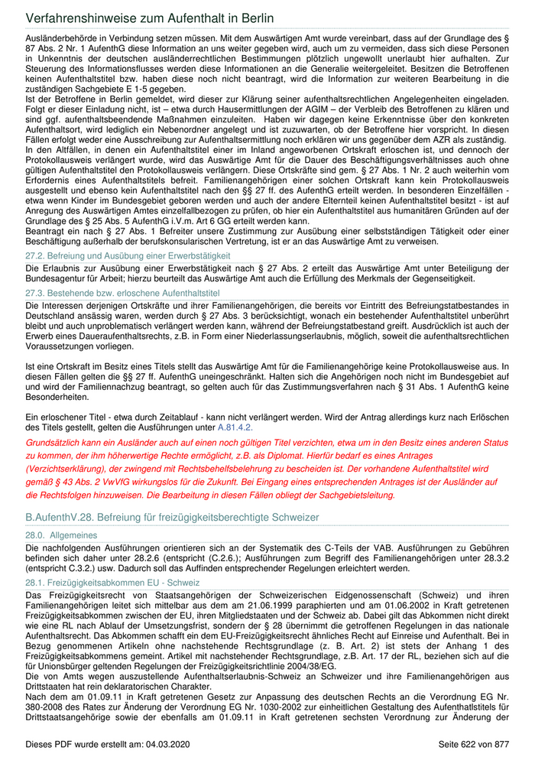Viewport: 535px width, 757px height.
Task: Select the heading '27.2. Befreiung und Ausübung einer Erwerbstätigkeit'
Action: point(128,255)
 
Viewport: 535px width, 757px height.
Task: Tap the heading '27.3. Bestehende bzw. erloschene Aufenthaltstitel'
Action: point(122,293)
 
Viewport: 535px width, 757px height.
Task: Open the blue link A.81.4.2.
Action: point(235,427)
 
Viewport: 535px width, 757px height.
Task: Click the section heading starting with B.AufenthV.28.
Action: point(172,518)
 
